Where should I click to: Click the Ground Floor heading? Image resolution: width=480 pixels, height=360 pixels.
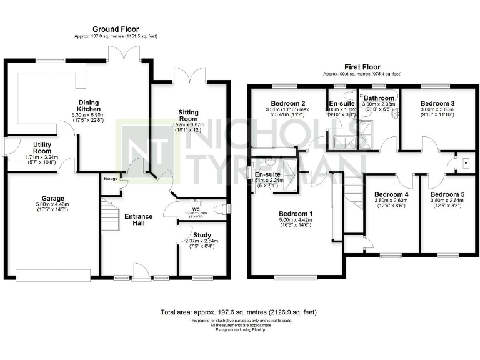[x=116, y=29]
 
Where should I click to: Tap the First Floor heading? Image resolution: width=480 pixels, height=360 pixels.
[x=362, y=67]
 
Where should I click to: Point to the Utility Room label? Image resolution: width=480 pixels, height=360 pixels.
[x=24, y=147]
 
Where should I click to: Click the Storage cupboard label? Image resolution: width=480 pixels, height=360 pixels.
[x=110, y=179]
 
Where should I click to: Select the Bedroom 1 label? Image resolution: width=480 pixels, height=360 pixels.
[x=294, y=214]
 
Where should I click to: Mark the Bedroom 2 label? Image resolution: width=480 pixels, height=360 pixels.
[x=287, y=103]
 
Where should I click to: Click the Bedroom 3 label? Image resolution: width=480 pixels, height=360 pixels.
[x=437, y=103]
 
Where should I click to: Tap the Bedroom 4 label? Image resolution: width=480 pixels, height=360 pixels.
[x=391, y=194]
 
